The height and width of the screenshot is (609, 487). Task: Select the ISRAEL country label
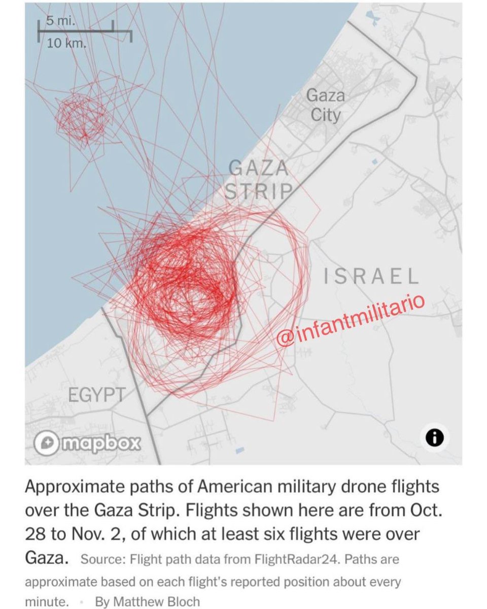372,277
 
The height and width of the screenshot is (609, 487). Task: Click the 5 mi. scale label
56,22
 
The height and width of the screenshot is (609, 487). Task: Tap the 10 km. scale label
66,43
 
